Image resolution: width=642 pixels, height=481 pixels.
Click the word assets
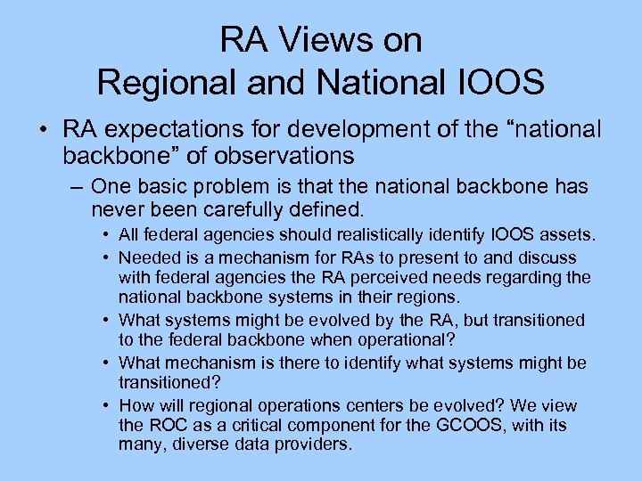[x=571, y=235]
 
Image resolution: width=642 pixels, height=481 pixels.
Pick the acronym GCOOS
[x=455, y=426]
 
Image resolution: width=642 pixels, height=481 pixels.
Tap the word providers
[x=317, y=443]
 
